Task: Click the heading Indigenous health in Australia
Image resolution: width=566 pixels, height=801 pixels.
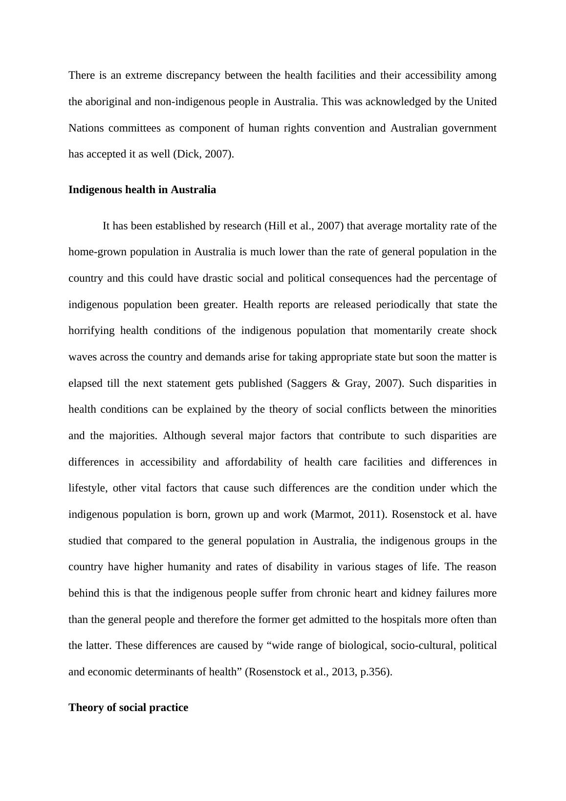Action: pyautogui.click(x=142, y=190)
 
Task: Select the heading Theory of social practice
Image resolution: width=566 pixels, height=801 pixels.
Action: pyautogui.click(x=128, y=708)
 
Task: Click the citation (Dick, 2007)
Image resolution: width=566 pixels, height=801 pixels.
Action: pyautogui.click(x=203, y=154)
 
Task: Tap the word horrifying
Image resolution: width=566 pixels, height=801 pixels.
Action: pyautogui.click(x=91, y=331)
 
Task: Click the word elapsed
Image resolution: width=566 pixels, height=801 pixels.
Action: pyautogui.click(x=85, y=383)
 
